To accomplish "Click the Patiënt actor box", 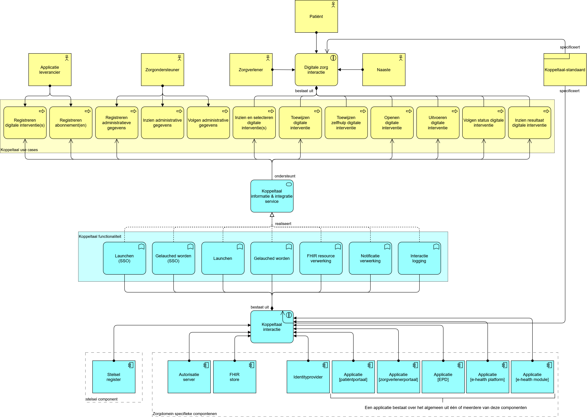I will [316, 17].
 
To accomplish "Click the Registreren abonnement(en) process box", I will [71, 123].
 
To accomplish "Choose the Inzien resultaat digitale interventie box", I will [529, 123].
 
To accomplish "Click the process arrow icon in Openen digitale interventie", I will [409, 111].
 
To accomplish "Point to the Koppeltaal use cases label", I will [19, 150].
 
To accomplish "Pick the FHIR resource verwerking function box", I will [321, 258].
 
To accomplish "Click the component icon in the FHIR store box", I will [252, 365].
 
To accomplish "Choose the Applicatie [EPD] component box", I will [443, 377].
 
